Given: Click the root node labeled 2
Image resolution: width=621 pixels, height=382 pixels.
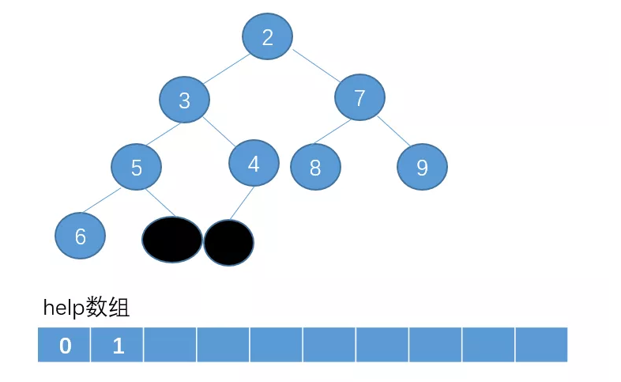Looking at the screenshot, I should click(x=267, y=37).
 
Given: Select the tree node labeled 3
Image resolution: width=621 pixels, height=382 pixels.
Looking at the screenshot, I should click(x=184, y=100).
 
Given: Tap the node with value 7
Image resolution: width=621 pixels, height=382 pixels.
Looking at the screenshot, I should click(x=359, y=98).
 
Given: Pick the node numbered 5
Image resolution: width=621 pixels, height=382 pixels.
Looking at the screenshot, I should click(x=136, y=168).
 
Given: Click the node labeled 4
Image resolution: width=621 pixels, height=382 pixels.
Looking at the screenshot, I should click(x=254, y=163).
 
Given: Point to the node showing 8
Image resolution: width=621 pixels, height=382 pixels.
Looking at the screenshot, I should click(x=315, y=167).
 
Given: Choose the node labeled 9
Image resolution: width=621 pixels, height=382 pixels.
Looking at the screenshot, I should click(x=422, y=167).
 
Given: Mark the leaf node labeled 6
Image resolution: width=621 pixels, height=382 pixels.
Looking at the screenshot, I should click(x=81, y=236).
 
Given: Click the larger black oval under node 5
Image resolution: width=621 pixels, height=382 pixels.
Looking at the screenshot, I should click(x=172, y=239).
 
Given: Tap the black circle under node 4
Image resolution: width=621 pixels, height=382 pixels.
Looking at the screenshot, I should click(x=228, y=242).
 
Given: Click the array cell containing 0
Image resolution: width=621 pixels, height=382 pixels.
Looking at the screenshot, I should click(x=65, y=345).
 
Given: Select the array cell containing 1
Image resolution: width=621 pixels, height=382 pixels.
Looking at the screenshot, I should click(x=118, y=345).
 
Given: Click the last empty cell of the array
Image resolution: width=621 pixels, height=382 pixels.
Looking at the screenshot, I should click(x=541, y=345).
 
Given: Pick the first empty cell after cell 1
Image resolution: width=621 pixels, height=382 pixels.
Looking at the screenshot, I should click(x=171, y=345).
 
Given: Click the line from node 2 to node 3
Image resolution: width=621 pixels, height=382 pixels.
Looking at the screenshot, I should click(x=224, y=68).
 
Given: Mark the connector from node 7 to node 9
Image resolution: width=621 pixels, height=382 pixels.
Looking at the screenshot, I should click(x=393, y=130).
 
